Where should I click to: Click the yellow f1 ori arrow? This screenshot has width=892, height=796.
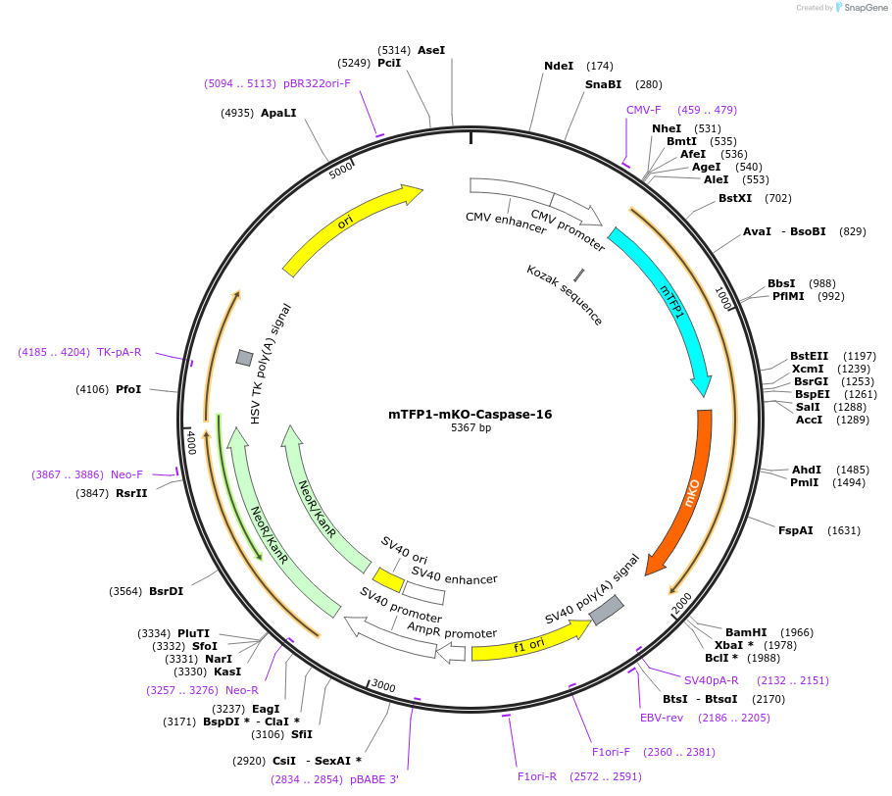pos(529,643)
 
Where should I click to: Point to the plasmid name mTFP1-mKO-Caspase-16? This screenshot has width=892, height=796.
pos(471,415)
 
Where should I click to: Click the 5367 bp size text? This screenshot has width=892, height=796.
pos(471,428)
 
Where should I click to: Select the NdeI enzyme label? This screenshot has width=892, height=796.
pos(559,66)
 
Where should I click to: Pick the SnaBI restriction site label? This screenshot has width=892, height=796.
pos(604,84)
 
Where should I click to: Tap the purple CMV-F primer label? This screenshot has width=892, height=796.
pos(644,110)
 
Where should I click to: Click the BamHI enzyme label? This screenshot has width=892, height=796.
pos(743,632)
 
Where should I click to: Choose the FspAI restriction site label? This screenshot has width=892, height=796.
pos(796,530)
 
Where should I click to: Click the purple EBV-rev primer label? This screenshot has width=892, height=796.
pos(662,718)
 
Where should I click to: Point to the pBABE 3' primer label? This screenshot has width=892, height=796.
pos(374,779)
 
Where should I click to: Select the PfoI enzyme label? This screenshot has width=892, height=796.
pos(128,389)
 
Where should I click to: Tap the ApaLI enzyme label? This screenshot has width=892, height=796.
pos(278,113)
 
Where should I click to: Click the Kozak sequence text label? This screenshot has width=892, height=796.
pos(565,294)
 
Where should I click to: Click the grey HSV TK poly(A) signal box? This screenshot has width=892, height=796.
pos(244,358)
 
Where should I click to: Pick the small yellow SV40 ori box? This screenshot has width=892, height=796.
pos(388,580)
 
